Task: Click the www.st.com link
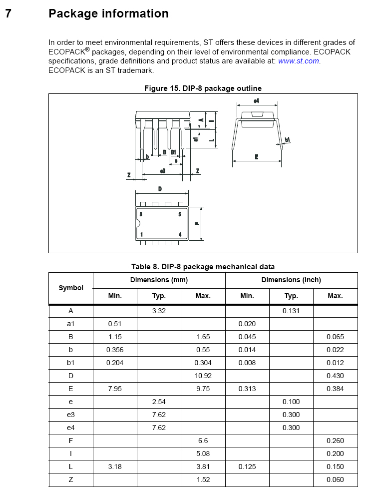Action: tap(299, 61)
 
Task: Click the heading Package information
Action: tap(108, 13)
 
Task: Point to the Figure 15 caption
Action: tap(203, 88)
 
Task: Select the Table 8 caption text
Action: tap(203, 267)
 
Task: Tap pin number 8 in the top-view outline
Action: tap(141, 214)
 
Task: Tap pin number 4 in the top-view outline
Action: tap(180, 234)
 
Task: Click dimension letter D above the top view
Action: tap(160, 189)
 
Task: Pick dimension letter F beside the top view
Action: tap(197, 223)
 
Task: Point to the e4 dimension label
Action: tap(256, 101)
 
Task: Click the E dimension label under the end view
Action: tap(257, 157)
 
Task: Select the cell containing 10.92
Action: tap(203, 376)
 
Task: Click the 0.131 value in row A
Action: tap(291, 311)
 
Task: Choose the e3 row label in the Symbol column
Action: tap(71, 415)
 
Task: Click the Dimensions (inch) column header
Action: tap(291, 280)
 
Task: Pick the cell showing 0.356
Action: tap(115, 350)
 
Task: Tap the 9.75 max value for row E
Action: tap(203, 389)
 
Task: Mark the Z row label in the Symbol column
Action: tap(71, 480)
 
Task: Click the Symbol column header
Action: tap(71, 288)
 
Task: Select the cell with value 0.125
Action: tap(247, 467)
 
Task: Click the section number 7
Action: tap(8, 13)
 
